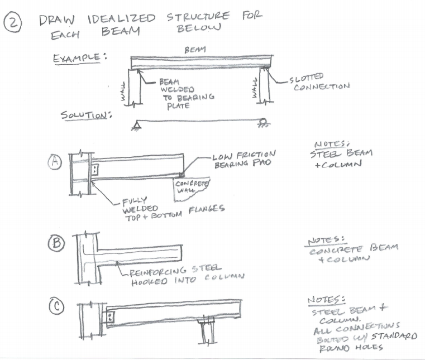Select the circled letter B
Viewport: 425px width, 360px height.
[56, 243]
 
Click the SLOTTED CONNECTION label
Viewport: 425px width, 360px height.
[318, 81]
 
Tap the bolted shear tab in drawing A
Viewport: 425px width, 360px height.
[95, 169]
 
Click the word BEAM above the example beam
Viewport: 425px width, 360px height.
[195, 50]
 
